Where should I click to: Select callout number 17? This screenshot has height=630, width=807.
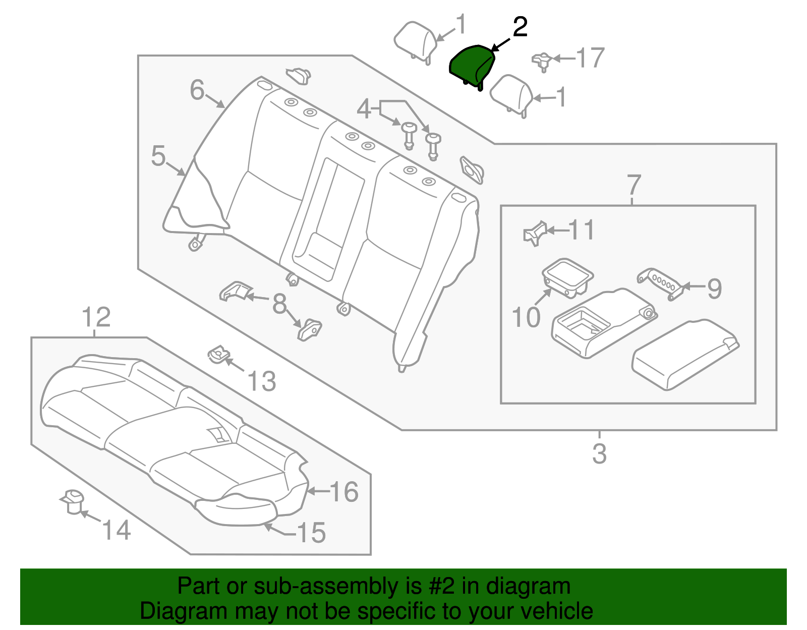(590, 58)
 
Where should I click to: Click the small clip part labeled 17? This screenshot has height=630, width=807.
(542, 61)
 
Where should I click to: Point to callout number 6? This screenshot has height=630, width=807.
(197, 90)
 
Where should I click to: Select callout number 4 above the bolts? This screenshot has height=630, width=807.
(364, 109)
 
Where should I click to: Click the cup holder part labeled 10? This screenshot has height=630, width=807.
(567, 277)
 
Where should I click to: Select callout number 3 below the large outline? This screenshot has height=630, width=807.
(599, 453)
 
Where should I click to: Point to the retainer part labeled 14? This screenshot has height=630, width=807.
(73, 501)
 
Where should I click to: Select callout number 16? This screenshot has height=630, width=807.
(344, 491)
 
